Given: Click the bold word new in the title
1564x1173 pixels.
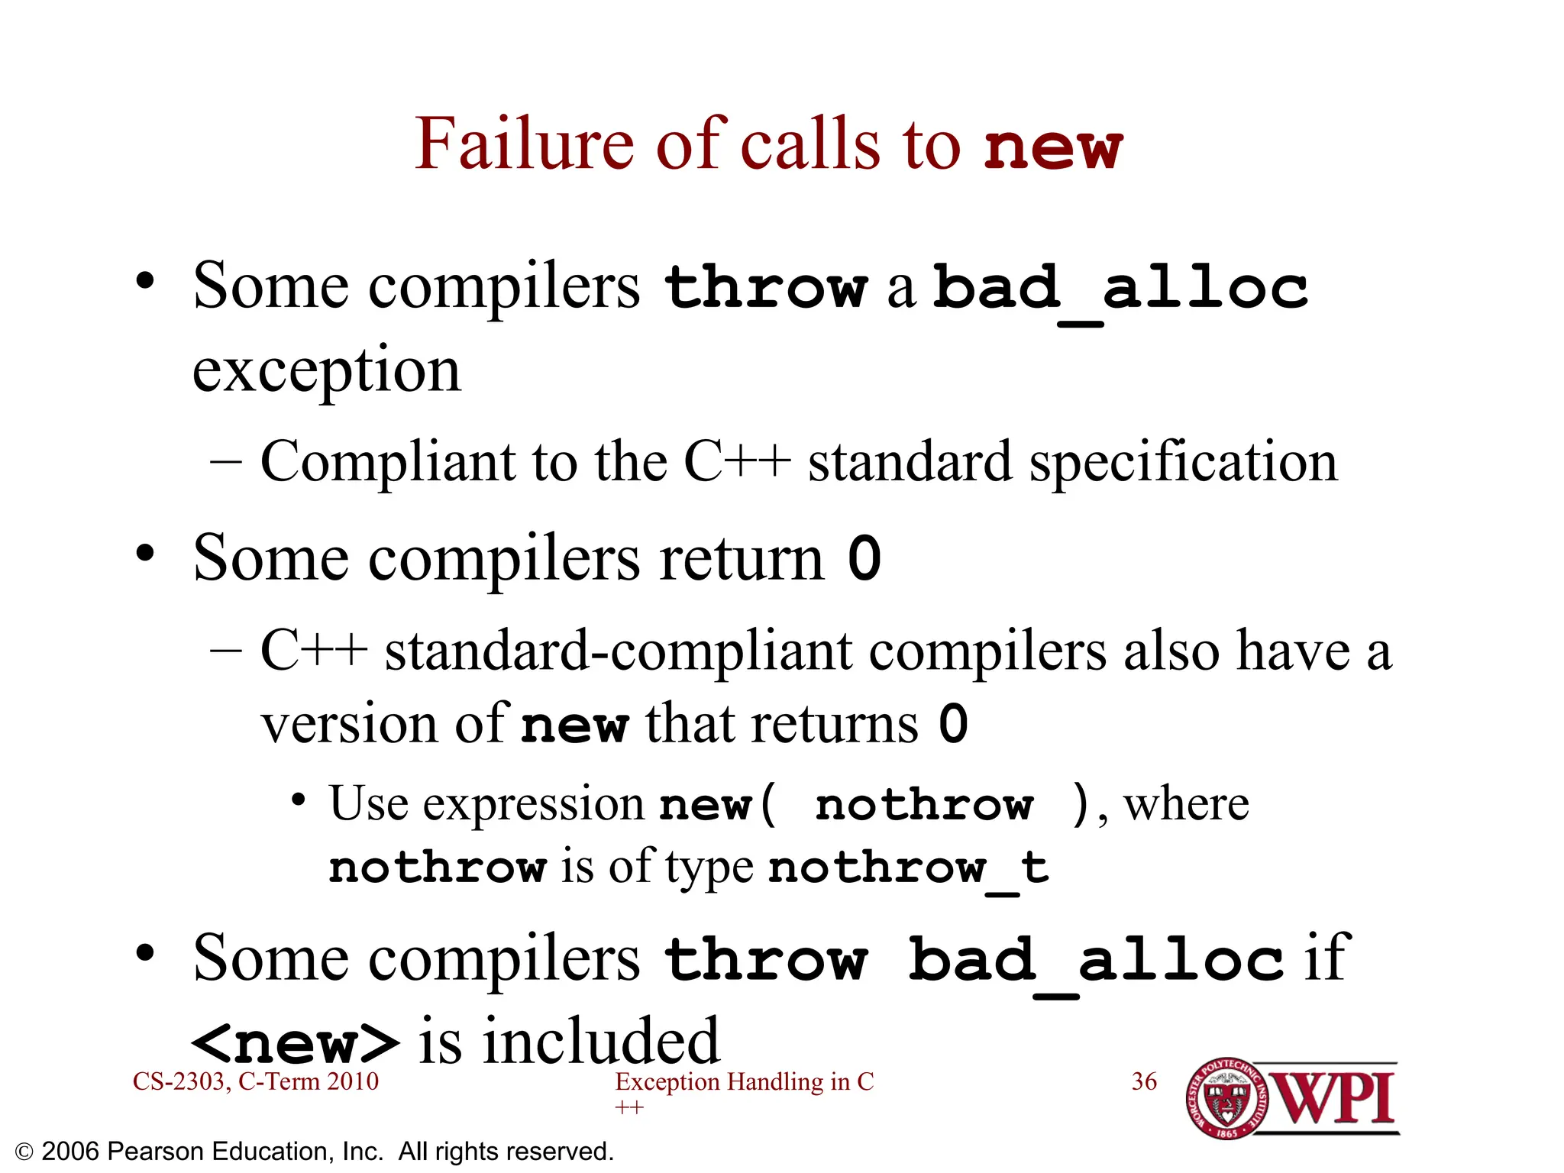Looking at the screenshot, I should coord(1053,147).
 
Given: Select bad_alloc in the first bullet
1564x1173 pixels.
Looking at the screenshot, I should coord(1120,288).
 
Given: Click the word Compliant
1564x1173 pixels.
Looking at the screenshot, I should coord(388,462).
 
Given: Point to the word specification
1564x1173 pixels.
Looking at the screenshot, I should coord(1183,462).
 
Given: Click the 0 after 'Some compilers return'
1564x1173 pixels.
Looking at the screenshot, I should coord(864,558).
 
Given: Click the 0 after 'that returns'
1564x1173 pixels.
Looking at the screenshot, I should coord(953,724).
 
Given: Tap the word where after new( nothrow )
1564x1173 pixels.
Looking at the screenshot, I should coord(1186,804).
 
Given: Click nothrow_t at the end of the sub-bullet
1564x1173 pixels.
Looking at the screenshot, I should coord(908,868).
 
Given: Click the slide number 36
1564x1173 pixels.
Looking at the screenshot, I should coord(1143,1081).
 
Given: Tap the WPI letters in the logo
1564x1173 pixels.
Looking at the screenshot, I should coord(1334,1098).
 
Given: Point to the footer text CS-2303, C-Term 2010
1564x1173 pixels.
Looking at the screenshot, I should coord(255,1081).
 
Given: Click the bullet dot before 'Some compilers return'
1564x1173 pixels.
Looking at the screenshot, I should coord(145,553).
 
